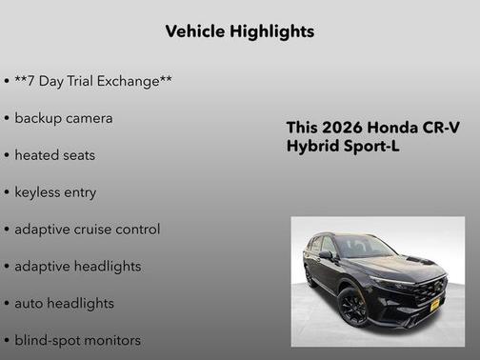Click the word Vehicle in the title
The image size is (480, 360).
click(194, 31)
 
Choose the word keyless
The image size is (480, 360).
click(40, 192)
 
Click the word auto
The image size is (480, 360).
click(30, 303)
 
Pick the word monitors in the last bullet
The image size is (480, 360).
click(110, 340)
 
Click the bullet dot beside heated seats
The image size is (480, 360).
click(7, 155)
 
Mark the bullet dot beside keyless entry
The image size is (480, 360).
click(7, 192)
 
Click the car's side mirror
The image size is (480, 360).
click(327, 254)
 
